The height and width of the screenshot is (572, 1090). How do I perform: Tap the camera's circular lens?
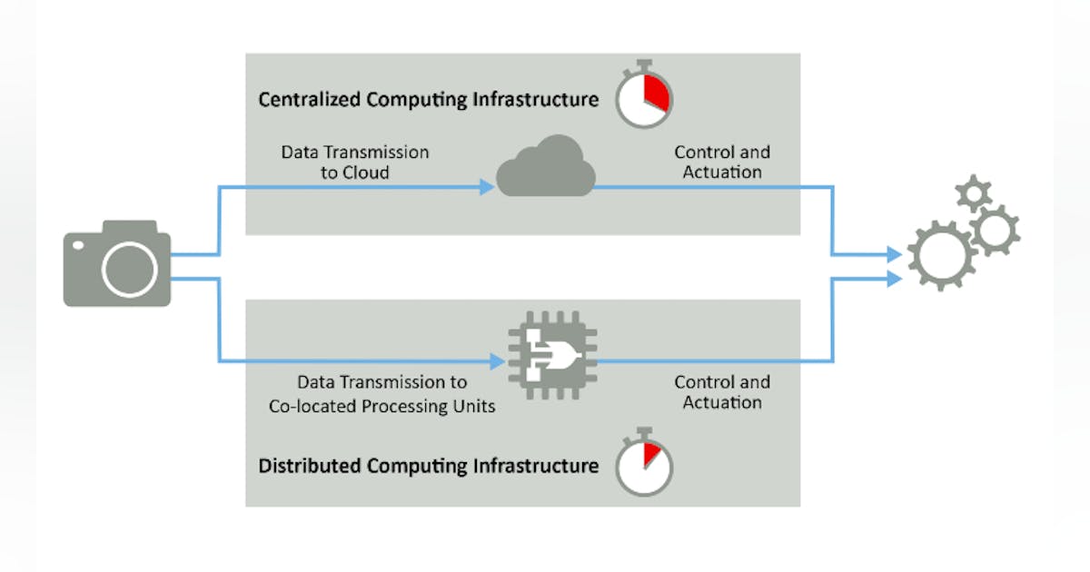130,270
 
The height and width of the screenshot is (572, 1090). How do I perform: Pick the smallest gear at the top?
975,193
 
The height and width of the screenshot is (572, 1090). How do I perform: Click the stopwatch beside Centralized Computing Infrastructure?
643,95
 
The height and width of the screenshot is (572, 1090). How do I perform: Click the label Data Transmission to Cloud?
354,162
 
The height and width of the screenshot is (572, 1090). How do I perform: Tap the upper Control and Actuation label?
722,162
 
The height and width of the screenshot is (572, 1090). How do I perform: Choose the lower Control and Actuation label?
722,392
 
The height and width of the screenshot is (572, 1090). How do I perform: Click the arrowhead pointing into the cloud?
487,188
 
